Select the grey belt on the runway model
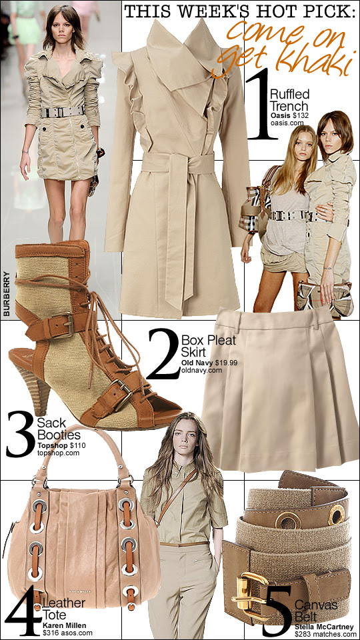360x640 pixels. point(63,111)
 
